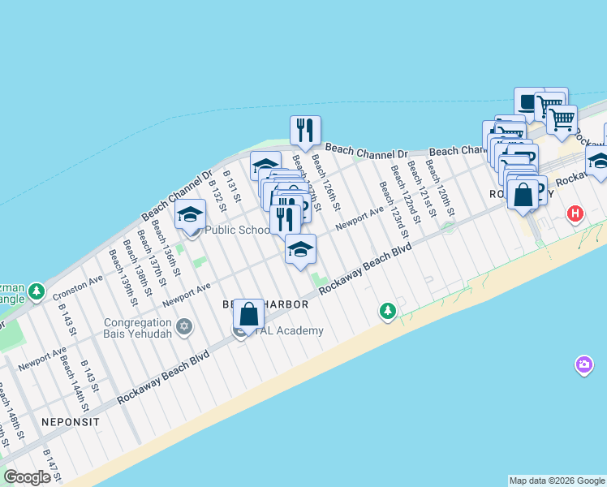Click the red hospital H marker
click(575, 214)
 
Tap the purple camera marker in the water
click(583, 365)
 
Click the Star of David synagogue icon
click(184, 326)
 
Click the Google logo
click(27, 477)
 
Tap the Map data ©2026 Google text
click(556, 481)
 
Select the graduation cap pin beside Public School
click(190, 214)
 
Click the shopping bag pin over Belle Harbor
click(248, 313)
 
